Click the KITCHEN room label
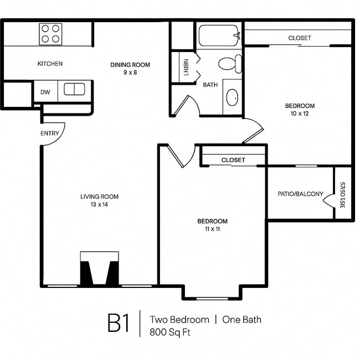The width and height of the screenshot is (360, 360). (x=50, y=64)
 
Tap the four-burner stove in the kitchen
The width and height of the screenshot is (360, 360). (x=50, y=34)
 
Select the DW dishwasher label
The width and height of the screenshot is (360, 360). (x=45, y=92)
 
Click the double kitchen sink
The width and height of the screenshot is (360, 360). (x=74, y=89)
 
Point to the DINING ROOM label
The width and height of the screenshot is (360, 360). (x=130, y=65)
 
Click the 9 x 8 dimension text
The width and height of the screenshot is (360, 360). (x=130, y=73)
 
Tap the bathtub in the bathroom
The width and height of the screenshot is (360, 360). (x=219, y=35)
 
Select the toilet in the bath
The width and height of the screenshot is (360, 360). (x=230, y=64)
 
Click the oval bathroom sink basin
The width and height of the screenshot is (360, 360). (x=232, y=97)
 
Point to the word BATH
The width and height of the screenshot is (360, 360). (x=210, y=85)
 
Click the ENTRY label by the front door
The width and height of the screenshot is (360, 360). (x=50, y=133)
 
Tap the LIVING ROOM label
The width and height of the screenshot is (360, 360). (x=99, y=197)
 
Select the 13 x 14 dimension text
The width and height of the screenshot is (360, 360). (x=99, y=204)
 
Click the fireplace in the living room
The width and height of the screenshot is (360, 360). (x=99, y=269)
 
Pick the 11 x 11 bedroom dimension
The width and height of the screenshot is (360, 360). (x=213, y=229)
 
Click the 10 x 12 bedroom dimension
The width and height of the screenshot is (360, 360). (x=300, y=114)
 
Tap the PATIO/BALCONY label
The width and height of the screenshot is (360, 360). (x=301, y=194)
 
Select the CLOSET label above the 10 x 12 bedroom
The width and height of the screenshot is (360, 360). (x=300, y=38)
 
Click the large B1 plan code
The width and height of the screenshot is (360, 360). (x=119, y=323)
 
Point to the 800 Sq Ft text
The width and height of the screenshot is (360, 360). (x=170, y=332)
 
